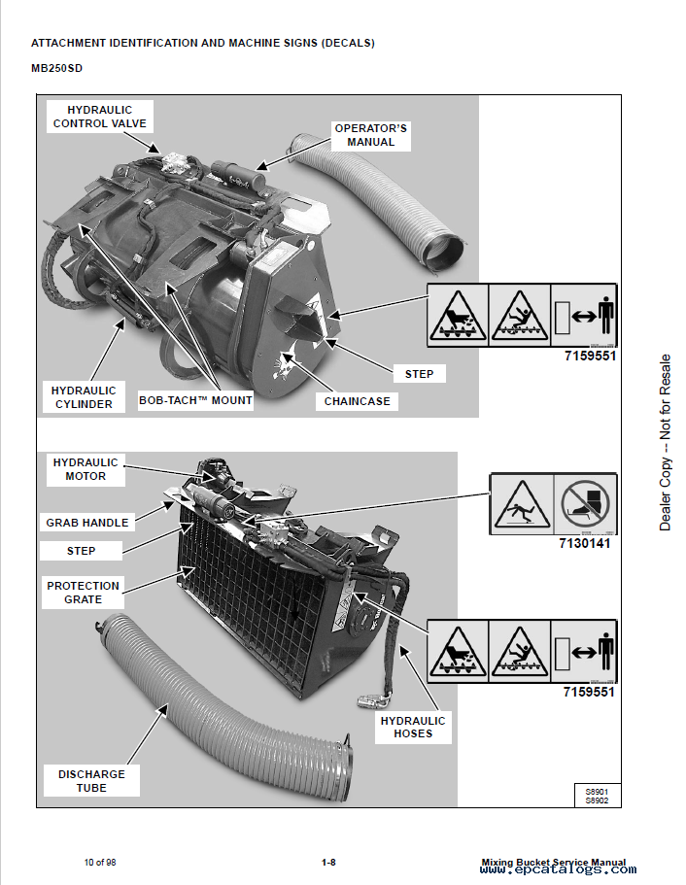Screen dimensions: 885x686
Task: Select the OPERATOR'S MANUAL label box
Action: (370, 135)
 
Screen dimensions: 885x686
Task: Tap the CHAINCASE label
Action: (356, 400)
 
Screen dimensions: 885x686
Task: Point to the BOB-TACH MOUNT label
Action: (195, 399)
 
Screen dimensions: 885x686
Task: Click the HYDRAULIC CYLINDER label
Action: (83, 397)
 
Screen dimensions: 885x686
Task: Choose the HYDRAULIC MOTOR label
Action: (86, 469)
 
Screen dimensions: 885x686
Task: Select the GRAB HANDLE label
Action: (86, 523)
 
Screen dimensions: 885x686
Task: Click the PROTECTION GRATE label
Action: (83, 593)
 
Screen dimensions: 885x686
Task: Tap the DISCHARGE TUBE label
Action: (91, 781)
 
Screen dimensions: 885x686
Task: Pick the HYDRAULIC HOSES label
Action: (413, 728)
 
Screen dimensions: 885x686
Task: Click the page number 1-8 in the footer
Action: (328, 862)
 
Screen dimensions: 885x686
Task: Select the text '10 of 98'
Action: (100, 862)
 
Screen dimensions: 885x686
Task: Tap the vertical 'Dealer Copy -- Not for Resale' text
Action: (666, 442)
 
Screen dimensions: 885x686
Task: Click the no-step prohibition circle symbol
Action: (584, 504)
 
